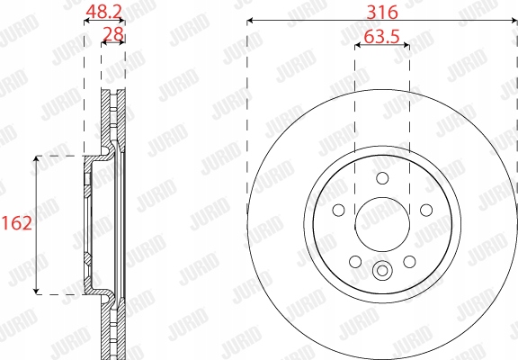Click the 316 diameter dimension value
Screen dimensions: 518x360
(x=382, y=13)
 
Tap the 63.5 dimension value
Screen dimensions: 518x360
(x=381, y=36)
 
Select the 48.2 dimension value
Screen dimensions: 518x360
(x=103, y=12)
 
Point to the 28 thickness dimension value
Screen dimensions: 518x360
(x=113, y=34)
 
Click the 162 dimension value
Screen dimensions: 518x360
(x=17, y=223)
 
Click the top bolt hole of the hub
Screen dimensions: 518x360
(x=382, y=178)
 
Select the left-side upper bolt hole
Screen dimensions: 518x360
(x=339, y=210)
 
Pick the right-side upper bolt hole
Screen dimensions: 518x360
(x=426, y=210)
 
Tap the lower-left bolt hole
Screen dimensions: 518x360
(x=355, y=262)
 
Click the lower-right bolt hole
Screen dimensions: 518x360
(x=409, y=262)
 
